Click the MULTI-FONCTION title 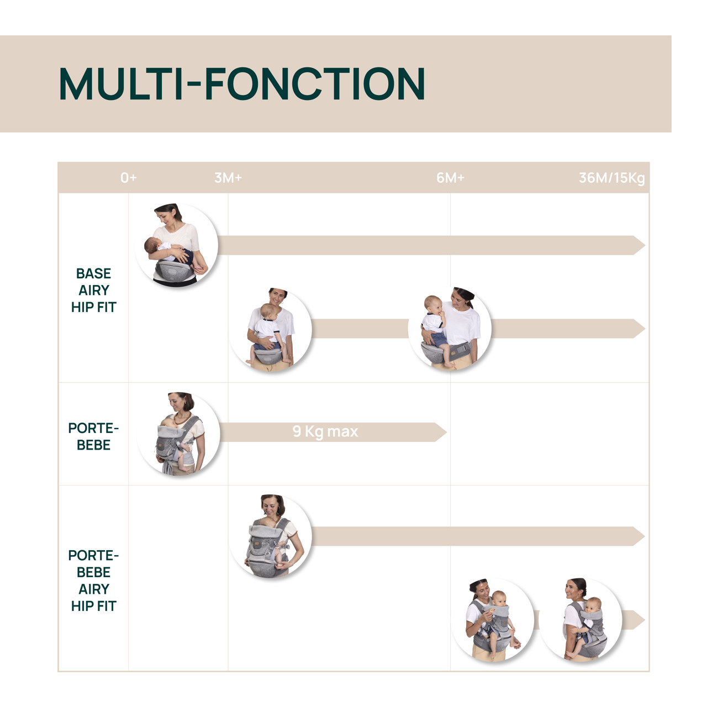[x=242, y=83]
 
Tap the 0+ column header [x=128, y=178]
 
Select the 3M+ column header [x=228, y=178]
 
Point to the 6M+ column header [x=450, y=178]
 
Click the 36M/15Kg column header [x=611, y=178]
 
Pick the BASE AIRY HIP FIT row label [x=93, y=290]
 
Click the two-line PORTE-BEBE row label [x=93, y=436]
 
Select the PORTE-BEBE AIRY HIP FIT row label [x=93, y=581]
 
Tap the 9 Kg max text [x=325, y=431]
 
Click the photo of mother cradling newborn [x=176, y=245]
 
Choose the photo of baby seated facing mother [x=271, y=329]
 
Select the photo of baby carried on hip [x=450, y=328]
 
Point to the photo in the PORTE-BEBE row [x=178, y=434]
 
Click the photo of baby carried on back [x=581, y=620]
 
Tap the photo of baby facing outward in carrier [x=492, y=620]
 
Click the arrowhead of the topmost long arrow [x=639, y=245]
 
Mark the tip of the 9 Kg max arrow [x=446, y=432]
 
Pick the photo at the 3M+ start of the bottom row [x=271, y=536]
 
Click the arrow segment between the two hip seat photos [x=360, y=328]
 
